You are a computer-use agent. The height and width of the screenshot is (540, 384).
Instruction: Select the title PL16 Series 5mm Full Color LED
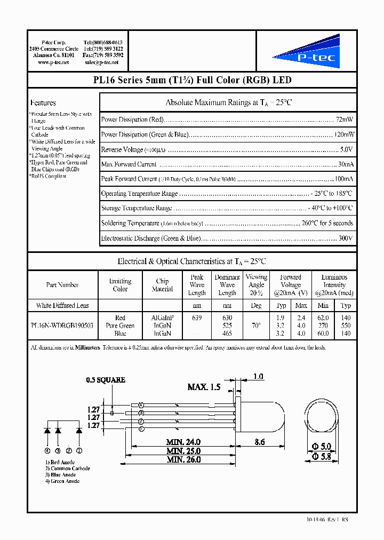[x=192, y=81]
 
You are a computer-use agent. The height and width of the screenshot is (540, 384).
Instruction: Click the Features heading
[x=43, y=103]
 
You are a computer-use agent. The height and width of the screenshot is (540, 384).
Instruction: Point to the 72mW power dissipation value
[x=345, y=120]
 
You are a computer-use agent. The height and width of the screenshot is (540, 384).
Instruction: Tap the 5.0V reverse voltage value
[x=346, y=150]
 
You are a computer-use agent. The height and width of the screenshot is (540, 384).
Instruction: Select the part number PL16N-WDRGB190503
[x=62, y=325]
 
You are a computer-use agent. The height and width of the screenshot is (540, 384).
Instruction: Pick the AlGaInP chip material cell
[x=162, y=317]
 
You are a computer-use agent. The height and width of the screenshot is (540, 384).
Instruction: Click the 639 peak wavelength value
[x=197, y=317]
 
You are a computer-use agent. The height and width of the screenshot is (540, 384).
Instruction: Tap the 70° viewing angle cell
[x=256, y=325]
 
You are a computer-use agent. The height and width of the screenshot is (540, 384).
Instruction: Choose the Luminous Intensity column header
[x=334, y=285]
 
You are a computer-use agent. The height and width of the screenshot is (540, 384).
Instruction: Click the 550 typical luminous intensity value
[x=346, y=325]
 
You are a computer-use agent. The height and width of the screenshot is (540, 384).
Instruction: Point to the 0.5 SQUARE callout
[x=106, y=380]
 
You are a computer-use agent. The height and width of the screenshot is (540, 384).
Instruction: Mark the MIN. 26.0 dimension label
[x=183, y=459]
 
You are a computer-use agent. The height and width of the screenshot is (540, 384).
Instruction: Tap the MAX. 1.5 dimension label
[x=204, y=387]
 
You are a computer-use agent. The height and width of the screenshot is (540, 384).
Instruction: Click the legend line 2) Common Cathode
[x=67, y=468]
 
